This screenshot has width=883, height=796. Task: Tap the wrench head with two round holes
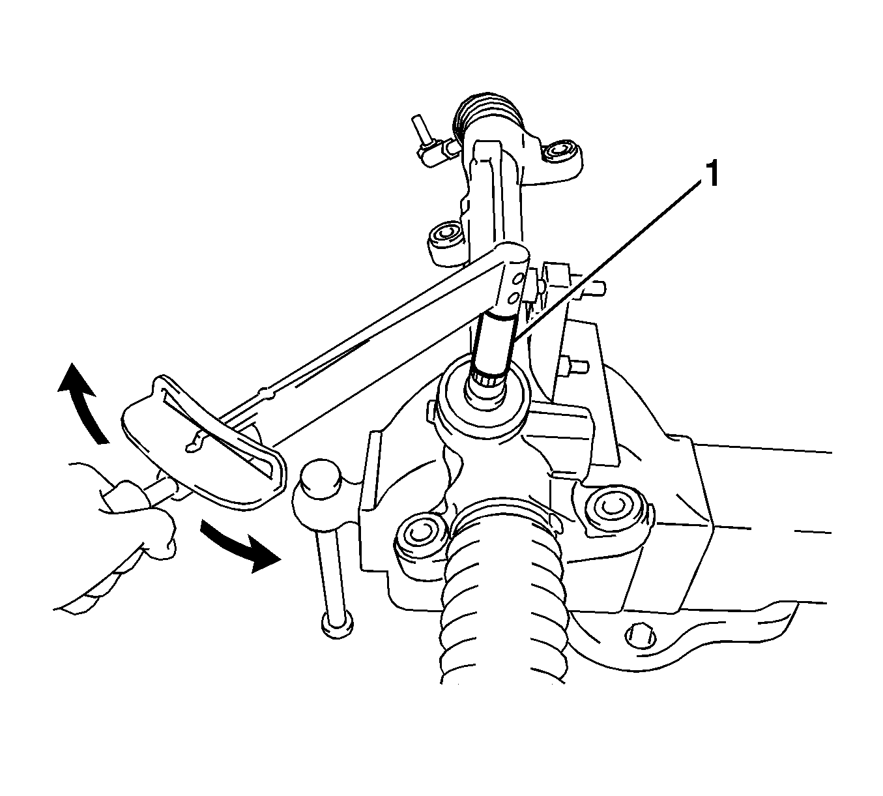[513, 281]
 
